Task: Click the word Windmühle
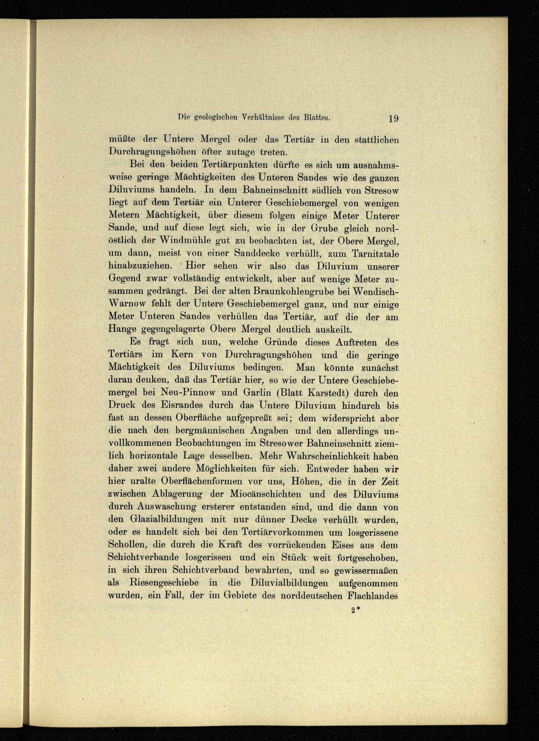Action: click(x=185, y=241)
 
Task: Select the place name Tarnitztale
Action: click(x=376, y=254)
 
